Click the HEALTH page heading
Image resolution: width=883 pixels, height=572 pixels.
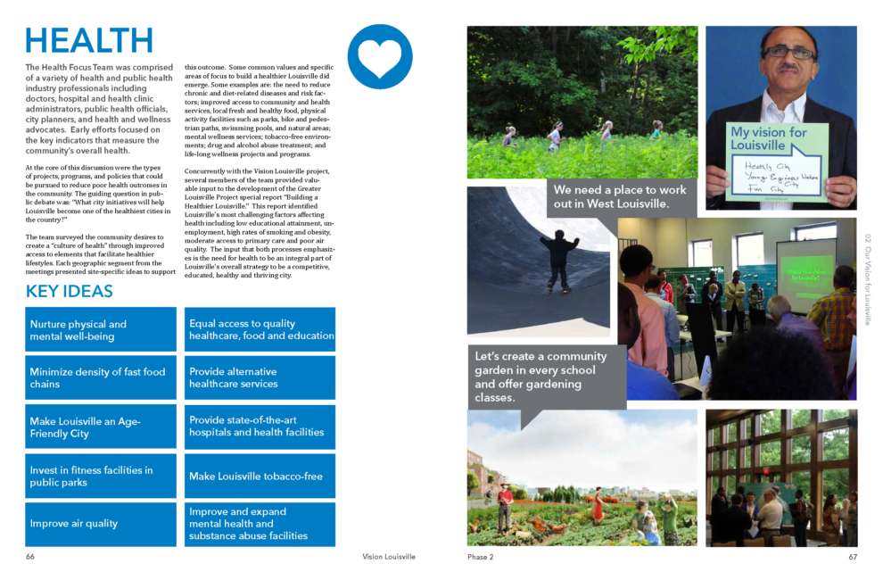click(x=89, y=41)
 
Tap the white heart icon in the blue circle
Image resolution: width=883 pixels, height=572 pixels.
click(x=380, y=56)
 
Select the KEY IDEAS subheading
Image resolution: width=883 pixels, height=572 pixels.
click(x=70, y=292)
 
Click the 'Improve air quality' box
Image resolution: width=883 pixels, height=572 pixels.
click(x=101, y=524)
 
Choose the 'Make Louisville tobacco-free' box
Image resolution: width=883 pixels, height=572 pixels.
click(x=262, y=476)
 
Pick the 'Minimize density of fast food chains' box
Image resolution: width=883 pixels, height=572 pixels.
click(x=101, y=378)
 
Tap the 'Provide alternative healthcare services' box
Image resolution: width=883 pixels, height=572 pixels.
click(x=262, y=378)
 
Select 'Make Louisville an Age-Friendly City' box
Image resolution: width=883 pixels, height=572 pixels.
click(x=101, y=427)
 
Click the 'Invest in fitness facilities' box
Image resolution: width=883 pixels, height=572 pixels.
click(x=101, y=476)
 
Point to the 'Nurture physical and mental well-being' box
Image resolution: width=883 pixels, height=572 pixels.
click(x=101, y=330)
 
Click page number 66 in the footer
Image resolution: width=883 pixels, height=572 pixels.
click(x=30, y=557)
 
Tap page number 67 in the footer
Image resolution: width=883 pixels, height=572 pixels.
click(x=852, y=557)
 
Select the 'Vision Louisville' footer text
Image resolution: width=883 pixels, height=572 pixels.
click(x=388, y=557)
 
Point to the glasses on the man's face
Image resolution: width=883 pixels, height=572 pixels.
click(x=788, y=52)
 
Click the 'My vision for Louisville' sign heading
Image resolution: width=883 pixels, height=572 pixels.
click(x=770, y=138)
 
